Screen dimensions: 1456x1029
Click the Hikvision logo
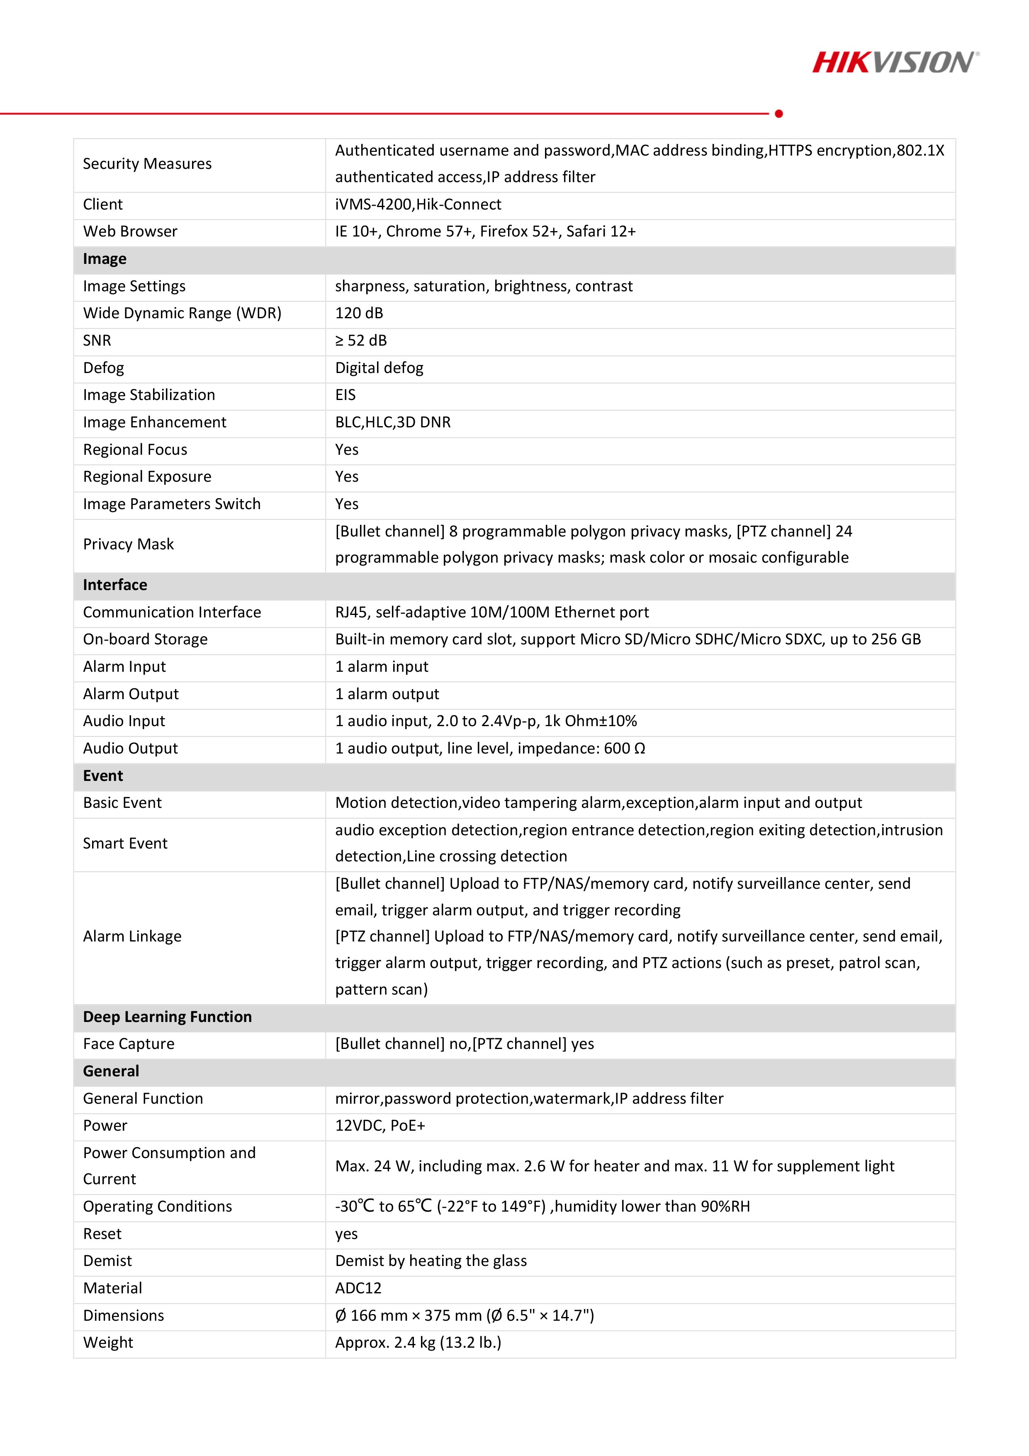click(895, 63)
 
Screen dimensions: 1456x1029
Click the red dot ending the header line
click(778, 114)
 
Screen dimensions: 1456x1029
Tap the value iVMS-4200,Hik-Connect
click(418, 204)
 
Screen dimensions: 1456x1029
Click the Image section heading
click(105, 259)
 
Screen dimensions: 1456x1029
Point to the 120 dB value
click(359, 313)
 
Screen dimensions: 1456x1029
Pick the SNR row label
click(97, 341)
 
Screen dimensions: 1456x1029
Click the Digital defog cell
click(379, 368)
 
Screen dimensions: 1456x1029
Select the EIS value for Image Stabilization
click(345, 395)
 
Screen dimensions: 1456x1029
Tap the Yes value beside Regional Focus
click(347, 450)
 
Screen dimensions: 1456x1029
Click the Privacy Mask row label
click(128, 544)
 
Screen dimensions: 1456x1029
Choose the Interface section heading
click(115, 585)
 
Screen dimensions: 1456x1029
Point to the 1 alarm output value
click(387, 694)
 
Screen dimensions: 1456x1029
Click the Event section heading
click(103, 776)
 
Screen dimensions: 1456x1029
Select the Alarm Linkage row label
click(132, 936)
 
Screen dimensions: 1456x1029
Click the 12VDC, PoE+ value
click(380, 1126)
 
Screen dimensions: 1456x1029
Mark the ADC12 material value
click(358, 1288)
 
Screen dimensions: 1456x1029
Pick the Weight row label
click(108, 1342)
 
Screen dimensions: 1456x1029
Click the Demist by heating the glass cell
click(431, 1261)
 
